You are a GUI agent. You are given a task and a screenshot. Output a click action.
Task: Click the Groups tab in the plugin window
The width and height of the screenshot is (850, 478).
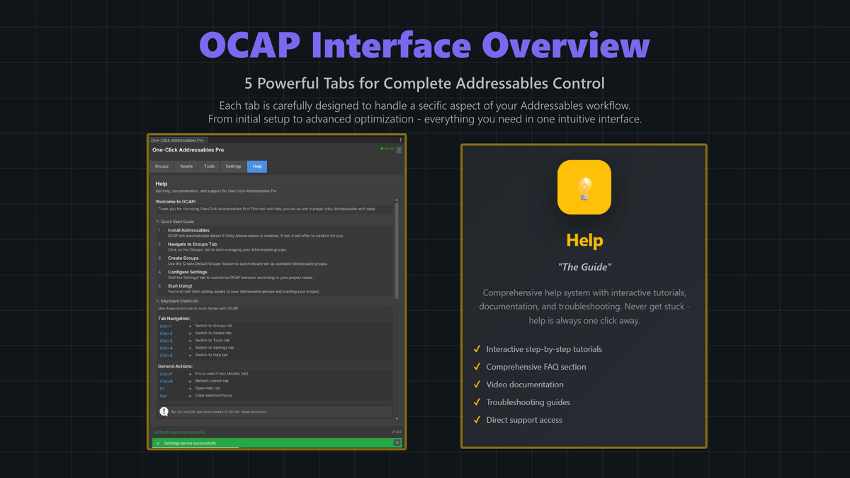[161, 166]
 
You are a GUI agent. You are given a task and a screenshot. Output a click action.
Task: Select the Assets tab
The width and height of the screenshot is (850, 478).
[186, 166]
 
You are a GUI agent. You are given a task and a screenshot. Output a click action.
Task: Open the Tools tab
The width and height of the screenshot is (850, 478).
[209, 166]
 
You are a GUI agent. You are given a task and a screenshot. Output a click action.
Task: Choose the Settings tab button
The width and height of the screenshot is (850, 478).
[233, 166]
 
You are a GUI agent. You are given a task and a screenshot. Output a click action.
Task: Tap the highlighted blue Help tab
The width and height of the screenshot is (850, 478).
[257, 166]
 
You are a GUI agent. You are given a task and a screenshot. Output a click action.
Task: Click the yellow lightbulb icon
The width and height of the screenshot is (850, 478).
[584, 188]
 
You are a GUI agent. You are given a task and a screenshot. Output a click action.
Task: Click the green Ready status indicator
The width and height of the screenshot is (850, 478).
[387, 149]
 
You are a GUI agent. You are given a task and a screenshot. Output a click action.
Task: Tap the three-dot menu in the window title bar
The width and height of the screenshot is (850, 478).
[400, 140]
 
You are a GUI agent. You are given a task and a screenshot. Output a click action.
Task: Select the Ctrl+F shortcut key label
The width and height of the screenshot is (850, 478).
[166, 374]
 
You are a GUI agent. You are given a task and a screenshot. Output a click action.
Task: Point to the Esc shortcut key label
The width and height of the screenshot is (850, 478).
[164, 396]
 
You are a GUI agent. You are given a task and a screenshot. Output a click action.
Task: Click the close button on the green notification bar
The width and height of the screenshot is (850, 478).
[397, 443]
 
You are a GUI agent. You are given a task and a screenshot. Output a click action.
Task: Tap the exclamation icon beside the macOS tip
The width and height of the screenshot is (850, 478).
[164, 411]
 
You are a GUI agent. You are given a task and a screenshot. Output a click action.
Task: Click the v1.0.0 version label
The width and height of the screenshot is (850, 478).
[396, 432]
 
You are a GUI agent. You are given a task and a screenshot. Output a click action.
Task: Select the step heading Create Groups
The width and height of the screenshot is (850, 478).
[183, 258]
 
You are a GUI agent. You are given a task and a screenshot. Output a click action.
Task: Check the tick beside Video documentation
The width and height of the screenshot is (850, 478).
[477, 385]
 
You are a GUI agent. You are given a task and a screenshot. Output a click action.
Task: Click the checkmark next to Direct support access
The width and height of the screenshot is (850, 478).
[477, 420]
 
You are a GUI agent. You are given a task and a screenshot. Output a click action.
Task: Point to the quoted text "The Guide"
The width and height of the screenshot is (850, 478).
[584, 267]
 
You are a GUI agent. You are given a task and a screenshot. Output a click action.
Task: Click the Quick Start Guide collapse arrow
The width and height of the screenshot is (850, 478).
[157, 222]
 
